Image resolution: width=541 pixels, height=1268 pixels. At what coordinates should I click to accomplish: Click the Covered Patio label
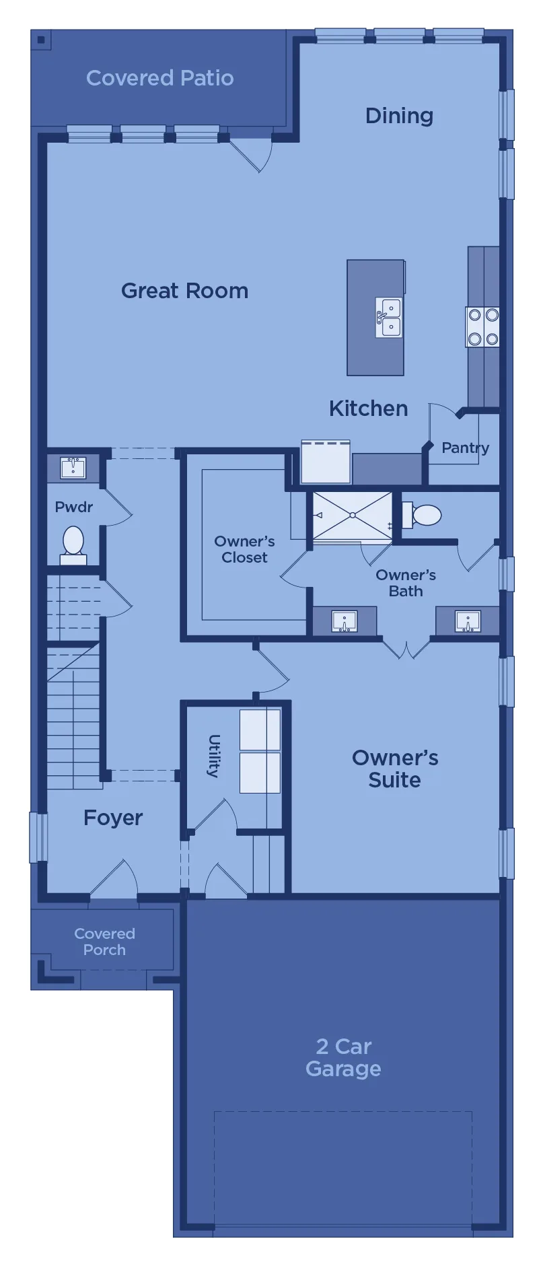pos(160,78)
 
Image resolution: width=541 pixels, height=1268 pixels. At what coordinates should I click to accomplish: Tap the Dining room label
pos(399,116)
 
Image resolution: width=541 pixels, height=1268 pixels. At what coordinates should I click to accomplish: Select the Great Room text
pos(185,291)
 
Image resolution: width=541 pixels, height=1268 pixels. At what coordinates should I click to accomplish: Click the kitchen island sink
pos(389,318)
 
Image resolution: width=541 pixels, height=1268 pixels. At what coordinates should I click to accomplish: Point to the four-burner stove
pos(482,327)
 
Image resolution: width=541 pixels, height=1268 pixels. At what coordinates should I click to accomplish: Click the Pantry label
pos(465,448)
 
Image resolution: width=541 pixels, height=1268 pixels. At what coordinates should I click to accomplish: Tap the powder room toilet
pos(73,545)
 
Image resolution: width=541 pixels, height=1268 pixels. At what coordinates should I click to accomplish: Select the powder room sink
pos(73,467)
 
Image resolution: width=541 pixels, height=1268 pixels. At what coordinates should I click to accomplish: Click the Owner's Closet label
pos(244,549)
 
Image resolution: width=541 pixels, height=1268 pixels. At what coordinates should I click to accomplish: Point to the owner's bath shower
pos(353,516)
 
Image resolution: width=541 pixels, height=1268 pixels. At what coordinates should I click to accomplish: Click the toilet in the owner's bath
pos(421,516)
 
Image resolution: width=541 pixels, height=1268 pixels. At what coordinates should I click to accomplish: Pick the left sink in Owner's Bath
pos(345,621)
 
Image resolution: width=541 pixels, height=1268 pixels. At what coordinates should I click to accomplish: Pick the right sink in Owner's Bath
pos(468,621)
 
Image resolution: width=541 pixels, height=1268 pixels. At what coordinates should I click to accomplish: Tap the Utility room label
pos(214,756)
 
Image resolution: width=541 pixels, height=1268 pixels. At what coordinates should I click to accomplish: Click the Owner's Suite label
pos(395,769)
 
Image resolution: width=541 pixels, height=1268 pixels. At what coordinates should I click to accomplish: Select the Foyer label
pos(113,818)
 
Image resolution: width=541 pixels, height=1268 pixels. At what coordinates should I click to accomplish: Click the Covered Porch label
pos(104,942)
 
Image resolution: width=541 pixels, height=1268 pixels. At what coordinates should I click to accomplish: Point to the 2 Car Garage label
pos(343,1057)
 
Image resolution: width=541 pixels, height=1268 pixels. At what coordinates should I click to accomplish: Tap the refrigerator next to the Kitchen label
pos(326,461)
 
